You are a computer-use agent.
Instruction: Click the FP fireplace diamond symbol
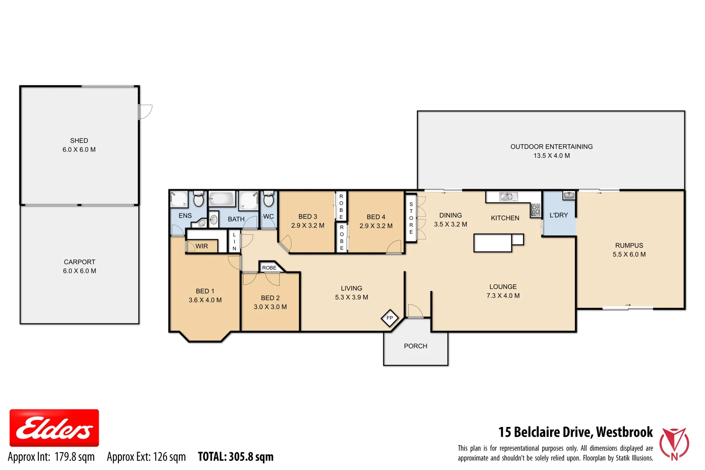(389, 318)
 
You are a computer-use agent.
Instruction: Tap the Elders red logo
(54, 428)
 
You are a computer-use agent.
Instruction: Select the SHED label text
(79, 141)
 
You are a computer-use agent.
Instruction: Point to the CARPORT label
(80, 262)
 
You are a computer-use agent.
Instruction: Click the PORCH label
(416, 346)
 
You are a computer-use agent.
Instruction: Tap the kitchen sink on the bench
(508, 197)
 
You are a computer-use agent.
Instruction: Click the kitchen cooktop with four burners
(536, 210)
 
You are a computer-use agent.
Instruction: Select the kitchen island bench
(493, 243)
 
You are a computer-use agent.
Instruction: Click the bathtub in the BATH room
(222, 199)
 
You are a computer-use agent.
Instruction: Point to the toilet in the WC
(269, 200)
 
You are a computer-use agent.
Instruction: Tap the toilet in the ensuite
(198, 199)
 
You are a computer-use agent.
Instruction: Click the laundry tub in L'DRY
(569, 195)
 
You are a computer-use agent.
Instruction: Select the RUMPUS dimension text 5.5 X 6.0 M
(629, 255)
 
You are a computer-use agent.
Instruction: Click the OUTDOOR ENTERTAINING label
(551, 147)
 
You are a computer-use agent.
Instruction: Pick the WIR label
(201, 246)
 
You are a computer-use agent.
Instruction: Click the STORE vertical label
(411, 218)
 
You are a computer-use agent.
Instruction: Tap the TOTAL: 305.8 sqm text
(235, 457)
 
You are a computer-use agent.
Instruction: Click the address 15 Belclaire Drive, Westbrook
(575, 432)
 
